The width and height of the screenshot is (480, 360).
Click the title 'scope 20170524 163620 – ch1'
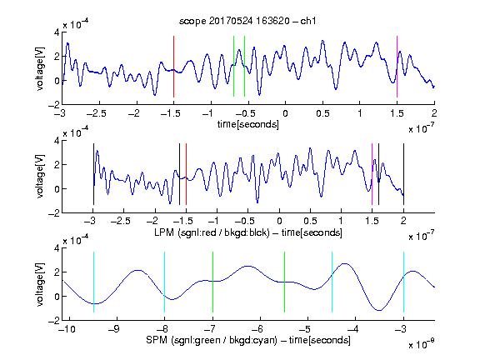[247, 21]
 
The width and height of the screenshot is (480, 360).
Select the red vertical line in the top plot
[173, 67]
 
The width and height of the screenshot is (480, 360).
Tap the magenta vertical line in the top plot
[397, 67]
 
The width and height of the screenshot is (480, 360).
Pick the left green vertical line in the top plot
[233, 66]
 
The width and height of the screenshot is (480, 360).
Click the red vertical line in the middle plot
[186, 174]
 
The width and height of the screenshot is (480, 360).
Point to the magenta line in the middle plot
[372, 174]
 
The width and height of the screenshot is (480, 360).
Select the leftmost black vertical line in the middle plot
[93, 174]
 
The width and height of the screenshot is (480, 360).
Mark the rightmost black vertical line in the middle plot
[403, 174]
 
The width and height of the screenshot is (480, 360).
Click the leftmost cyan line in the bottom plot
[93, 282]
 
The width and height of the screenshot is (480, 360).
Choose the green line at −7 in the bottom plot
[212, 282]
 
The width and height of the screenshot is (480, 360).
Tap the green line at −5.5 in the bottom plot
[284, 282]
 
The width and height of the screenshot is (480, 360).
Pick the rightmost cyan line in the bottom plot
[403, 282]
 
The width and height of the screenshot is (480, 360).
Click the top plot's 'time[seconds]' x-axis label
[248, 124]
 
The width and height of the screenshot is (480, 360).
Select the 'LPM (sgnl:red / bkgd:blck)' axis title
[212, 232]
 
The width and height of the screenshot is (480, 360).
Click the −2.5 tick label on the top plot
[97, 113]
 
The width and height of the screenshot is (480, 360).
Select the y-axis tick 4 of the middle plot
[57, 141]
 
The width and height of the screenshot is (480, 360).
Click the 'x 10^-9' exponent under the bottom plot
[421, 344]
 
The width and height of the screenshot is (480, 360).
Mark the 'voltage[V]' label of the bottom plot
[40, 284]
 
